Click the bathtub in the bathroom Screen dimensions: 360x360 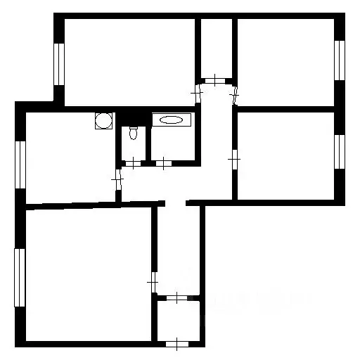(x=171, y=120)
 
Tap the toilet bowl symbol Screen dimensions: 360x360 (x=131, y=134)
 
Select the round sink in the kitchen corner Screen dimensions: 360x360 (x=104, y=120)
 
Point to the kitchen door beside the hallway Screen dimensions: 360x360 (x=117, y=181)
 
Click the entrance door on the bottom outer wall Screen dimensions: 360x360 (x=177, y=344)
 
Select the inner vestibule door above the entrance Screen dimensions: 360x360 (x=177, y=297)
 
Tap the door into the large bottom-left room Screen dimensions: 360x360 (x=153, y=282)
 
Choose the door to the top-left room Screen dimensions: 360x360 (x=198, y=93)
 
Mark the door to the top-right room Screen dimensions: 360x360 (x=236, y=92)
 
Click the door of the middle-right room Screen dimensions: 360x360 (x=233, y=160)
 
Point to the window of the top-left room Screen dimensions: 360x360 (x=59, y=65)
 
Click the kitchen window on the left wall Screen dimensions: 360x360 (x=20, y=164)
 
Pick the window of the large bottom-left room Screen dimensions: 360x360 (x=20, y=277)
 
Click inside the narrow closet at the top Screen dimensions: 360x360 (x=214, y=46)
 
